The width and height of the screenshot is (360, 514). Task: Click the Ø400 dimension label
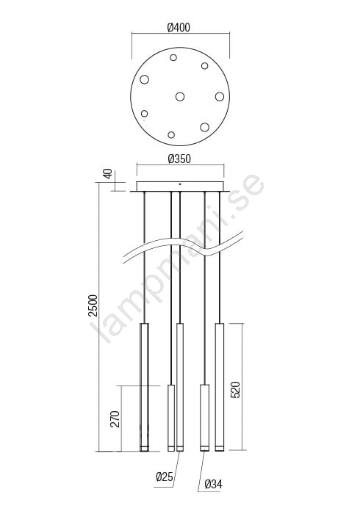[179, 28]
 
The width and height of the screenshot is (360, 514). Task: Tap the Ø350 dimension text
[179, 159]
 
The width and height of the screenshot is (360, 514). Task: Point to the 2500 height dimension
[93, 305]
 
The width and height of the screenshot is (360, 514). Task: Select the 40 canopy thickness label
[108, 173]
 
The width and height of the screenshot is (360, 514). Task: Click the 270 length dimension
[115, 419]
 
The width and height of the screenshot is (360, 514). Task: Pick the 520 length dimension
[235, 390]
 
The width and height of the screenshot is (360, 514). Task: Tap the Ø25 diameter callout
[165, 477]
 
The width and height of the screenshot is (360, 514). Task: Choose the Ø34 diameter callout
[214, 484]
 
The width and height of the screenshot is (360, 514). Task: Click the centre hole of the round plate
[180, 97]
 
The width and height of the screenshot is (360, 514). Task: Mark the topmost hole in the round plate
[173, 58]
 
